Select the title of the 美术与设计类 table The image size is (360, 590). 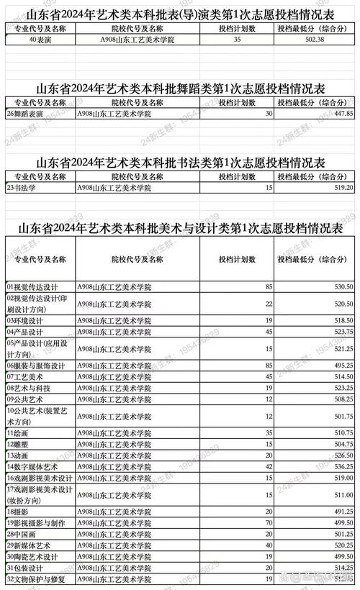pos(180,228)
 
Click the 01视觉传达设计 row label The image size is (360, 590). pos(32,286)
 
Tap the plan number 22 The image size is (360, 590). pos(268,304)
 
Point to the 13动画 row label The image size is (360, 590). pos(19,455)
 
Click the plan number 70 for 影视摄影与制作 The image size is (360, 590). pos(268,523)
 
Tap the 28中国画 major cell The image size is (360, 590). pos(23,535)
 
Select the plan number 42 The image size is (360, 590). pos(268,466)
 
